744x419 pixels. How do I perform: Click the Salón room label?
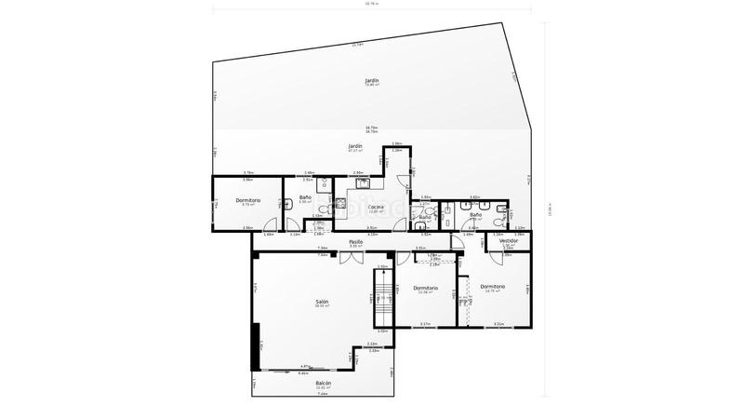322,302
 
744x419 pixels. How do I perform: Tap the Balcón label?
323,383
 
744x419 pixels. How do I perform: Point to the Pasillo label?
355,242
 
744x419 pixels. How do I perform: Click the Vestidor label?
508,241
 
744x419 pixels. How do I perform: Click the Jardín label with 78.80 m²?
372,81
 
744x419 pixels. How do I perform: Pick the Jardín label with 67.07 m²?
354,146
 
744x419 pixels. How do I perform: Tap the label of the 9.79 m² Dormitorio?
247,200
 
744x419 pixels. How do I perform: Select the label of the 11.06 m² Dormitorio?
426,288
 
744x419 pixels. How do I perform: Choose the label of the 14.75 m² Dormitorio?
493,287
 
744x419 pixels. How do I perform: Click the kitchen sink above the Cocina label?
357,182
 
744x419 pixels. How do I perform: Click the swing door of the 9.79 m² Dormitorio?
272,223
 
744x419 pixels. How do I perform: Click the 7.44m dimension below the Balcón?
323,393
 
